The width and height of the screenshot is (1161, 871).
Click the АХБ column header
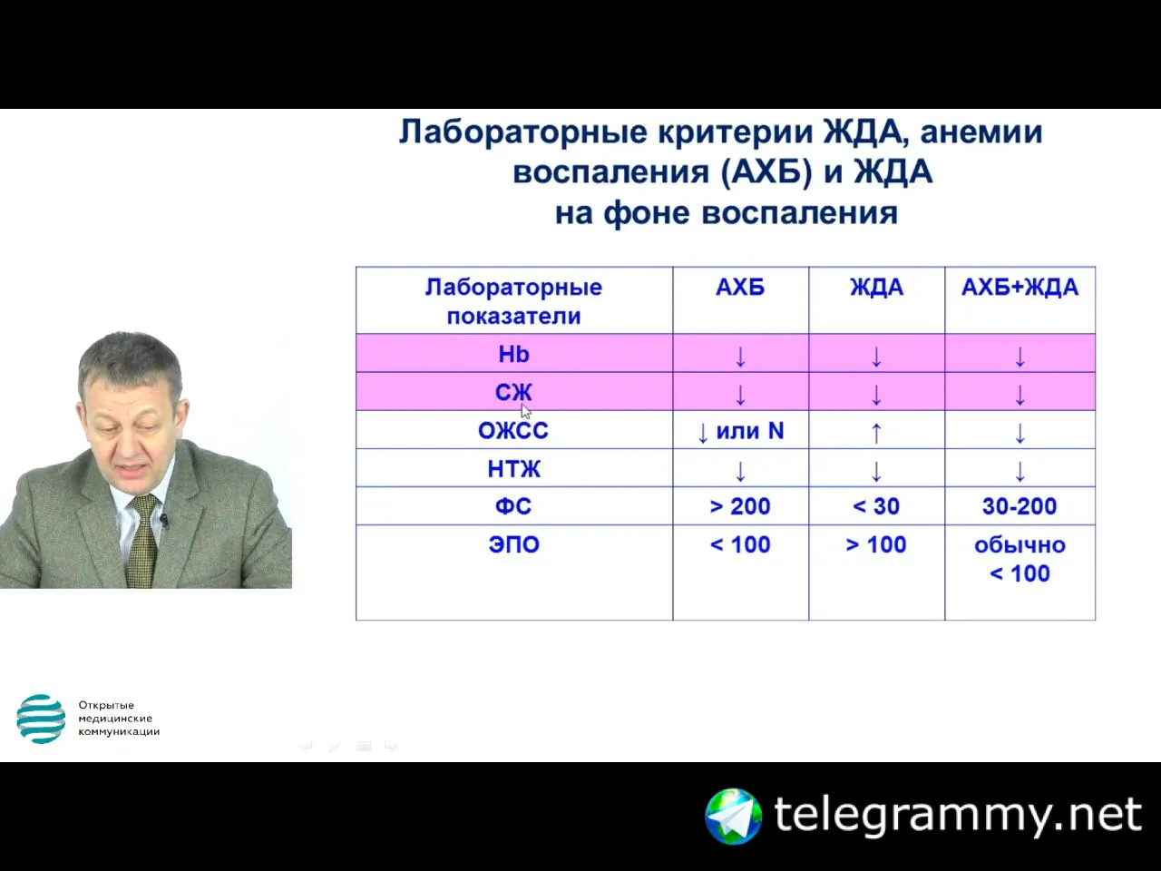(x=740, y=288)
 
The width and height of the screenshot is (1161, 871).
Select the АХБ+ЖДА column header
(x=1020, y=288)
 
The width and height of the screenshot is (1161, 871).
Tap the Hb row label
(x=513, y=354)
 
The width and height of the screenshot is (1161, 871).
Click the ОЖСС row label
(x=513, y=430)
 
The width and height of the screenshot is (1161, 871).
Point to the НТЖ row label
(x=513, y=469)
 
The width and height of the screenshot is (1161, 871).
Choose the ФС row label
(x=513, y=506)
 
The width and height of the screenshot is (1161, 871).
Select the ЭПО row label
(x=513, y=544)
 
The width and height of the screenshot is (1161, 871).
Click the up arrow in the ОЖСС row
(x=876, y=433)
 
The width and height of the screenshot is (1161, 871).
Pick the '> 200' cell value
(x=740, y=506)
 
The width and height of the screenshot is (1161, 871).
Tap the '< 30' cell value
(x=876, y=506)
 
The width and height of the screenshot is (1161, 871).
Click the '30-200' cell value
(x=1020, y=506)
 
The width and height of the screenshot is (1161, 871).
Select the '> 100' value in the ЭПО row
(x=876, y=544)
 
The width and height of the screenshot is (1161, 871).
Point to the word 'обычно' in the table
(x=1020, y=545)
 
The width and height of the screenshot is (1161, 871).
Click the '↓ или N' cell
(x=740, y=432)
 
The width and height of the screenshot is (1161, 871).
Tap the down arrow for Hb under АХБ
(x=740, y=357)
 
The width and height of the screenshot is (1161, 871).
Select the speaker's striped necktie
(x=144, y=541)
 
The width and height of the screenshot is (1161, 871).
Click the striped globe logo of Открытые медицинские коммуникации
(x=41, y=719)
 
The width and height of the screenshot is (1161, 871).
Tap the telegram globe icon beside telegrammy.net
(x=733, y=816)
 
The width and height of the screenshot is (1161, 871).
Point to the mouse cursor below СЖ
(x=525, y=411)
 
